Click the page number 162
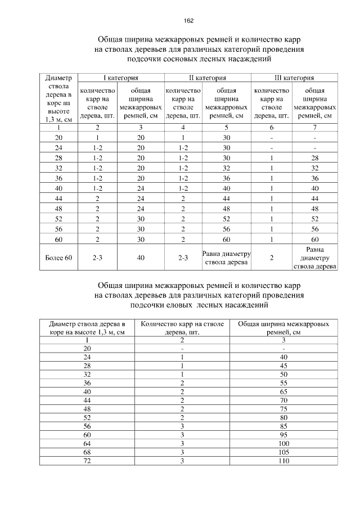[x=188, y=21]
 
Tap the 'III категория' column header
[x=295, y=78]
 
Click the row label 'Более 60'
[x=58, y=258]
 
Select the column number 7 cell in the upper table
[x=314, y=128]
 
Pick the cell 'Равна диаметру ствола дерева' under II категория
[x=226, y=258]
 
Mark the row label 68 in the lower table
[x=87, y=452]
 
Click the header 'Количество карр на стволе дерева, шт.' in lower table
[x=182, y=328]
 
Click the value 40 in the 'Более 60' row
[x=141, y=258]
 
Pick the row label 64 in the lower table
[x=87, y=444]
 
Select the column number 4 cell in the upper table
[x=183, y=128]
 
